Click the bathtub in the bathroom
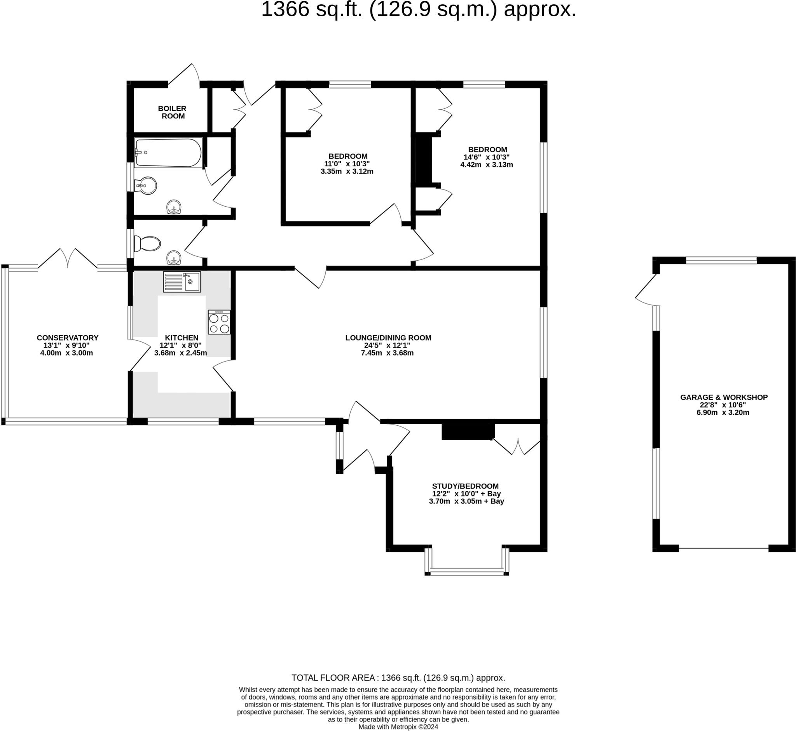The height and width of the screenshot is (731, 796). pyautogui.click(x=168, y=152)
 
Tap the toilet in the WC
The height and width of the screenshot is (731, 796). pyautogui.click(x=147, y=244)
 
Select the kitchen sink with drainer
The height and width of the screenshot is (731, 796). pyautogui.click(x=182, y=282)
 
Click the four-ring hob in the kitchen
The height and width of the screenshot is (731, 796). pyautogui.click(x=219, y=322)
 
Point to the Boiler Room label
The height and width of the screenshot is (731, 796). pyautogui.click(x=172, y=112)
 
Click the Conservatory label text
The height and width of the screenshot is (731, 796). pyautogui.click(x=68, y=338)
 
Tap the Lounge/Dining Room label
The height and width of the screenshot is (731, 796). pyautogui.click(x=388, y=338)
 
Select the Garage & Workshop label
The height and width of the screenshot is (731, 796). pyautogui.click(x=724, y=397)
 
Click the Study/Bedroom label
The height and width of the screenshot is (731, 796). pyautogui.click(x=466, y=486)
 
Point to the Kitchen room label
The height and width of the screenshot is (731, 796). pyautogui.click(x=182, y=338)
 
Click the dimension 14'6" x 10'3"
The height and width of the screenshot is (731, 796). pyautogui.click(x=487, y=157)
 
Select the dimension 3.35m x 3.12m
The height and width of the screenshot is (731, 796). pyautogui.click(x=347, y=171)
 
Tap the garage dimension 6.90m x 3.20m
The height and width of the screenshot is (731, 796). pyautogui.click(x=723, y=412)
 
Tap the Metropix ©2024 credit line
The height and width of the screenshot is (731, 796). pyautogui.click(x=398, y=727)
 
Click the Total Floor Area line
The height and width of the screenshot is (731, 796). pyautogui.click(x=398, y=678)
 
